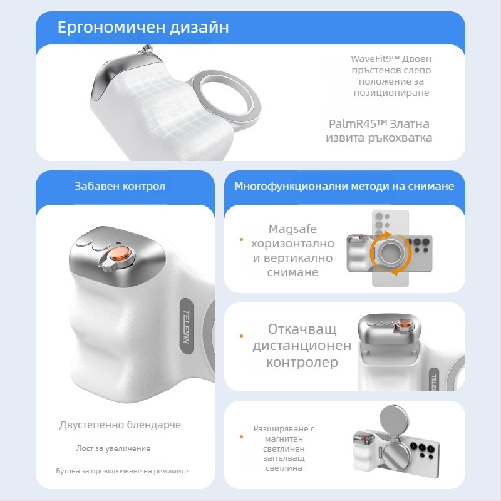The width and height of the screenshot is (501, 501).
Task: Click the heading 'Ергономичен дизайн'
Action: [x=143, y=28]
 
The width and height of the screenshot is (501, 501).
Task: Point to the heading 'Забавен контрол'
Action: [x=120, y=187]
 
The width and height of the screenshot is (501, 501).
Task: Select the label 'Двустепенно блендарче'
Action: [x=120, y=425]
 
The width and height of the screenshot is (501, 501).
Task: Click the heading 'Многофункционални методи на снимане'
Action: [x=344, y=187]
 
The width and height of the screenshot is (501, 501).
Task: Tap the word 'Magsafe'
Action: [x=292, y=229]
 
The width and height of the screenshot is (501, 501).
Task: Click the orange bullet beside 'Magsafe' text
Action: [x=241, y=239]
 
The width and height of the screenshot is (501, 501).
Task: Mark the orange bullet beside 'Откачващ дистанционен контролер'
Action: [x=241, y=336]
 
